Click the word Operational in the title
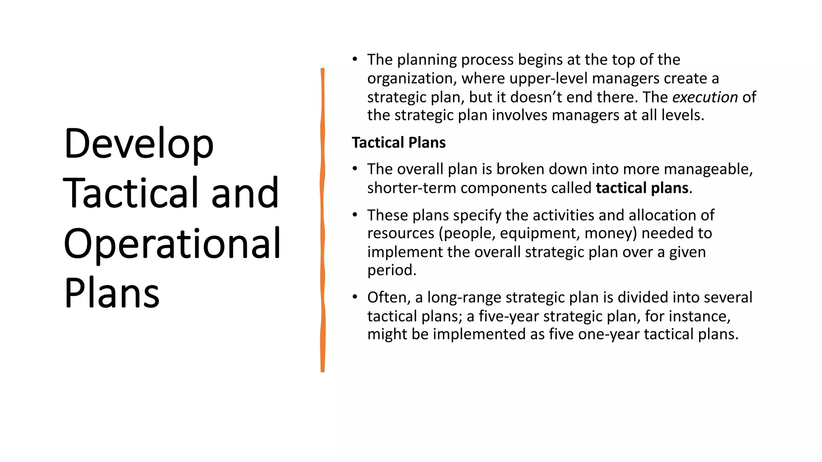[x=172, y=243]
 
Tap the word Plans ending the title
[x=112, y=293]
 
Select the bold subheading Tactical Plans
[x=399, y=143]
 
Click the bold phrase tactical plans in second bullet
[x=642, y=188]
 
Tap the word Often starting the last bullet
[x=388, y=298]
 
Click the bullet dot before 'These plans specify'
[x=354, y=215]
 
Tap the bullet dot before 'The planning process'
[x=354, y=59]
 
